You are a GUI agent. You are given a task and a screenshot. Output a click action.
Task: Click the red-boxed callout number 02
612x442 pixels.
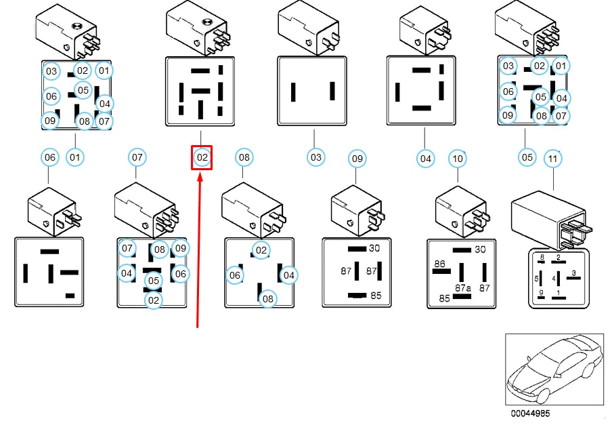(202, 158)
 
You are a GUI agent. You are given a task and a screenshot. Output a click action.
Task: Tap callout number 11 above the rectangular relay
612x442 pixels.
(554, 159)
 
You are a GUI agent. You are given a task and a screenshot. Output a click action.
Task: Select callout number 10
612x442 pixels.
(458, 159)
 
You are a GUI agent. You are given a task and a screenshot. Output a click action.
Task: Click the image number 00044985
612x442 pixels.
(531, 414)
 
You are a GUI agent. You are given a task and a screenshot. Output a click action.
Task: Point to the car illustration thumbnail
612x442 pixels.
(554, 369)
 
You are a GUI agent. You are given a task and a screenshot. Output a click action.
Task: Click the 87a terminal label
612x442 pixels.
(462, 287)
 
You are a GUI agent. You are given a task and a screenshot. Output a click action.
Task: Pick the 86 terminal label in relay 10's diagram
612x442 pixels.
(439, 264)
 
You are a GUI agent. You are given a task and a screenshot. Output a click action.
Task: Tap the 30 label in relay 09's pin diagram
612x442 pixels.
(374, 248)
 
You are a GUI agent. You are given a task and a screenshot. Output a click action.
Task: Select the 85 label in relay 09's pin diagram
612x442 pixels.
(375, 296)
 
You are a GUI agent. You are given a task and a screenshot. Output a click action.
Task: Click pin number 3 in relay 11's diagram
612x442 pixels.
(574, 273)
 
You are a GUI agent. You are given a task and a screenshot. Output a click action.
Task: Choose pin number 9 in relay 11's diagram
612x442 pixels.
(541, 293)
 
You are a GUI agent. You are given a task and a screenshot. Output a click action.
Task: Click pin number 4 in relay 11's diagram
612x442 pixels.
(554, 278)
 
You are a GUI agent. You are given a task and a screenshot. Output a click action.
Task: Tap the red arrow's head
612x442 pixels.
(200, 176)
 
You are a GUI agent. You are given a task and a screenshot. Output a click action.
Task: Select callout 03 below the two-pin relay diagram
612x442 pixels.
(315, 158)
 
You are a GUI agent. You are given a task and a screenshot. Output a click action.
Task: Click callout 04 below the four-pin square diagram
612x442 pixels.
(424, 159)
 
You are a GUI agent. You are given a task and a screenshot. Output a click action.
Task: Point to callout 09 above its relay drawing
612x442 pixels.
(357, 159)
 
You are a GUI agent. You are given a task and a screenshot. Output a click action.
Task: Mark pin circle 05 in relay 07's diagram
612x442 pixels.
(154, 280)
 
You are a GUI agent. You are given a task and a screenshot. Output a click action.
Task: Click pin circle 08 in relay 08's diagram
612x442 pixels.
(268, 298)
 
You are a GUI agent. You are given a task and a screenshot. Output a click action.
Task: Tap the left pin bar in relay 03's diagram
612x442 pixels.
(293, 92)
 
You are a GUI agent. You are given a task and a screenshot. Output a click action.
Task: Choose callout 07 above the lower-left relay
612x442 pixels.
(137, 157)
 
